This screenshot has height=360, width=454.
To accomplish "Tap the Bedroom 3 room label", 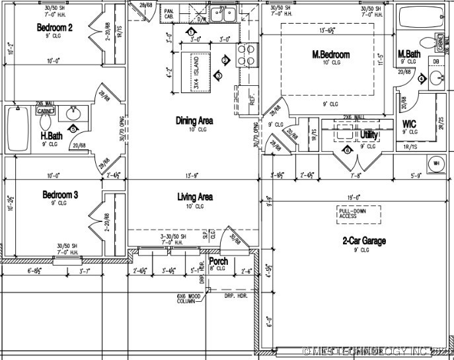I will (60, 195).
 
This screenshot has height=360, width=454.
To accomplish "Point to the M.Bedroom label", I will (331, 54).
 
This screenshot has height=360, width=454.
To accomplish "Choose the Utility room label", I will (369, 135).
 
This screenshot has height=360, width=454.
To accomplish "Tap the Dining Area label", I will (194, 120).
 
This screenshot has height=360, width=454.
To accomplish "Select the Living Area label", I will (194, 197).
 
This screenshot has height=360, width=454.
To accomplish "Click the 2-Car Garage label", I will (364, 241).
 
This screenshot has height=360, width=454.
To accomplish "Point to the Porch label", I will (218, 262).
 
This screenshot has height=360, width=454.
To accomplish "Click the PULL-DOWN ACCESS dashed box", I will (357, 213).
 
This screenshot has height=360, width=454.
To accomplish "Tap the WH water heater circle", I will (436, 163).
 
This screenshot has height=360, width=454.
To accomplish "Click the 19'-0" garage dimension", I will (351, 196).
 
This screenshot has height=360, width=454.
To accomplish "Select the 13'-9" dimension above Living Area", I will (191, 176).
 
